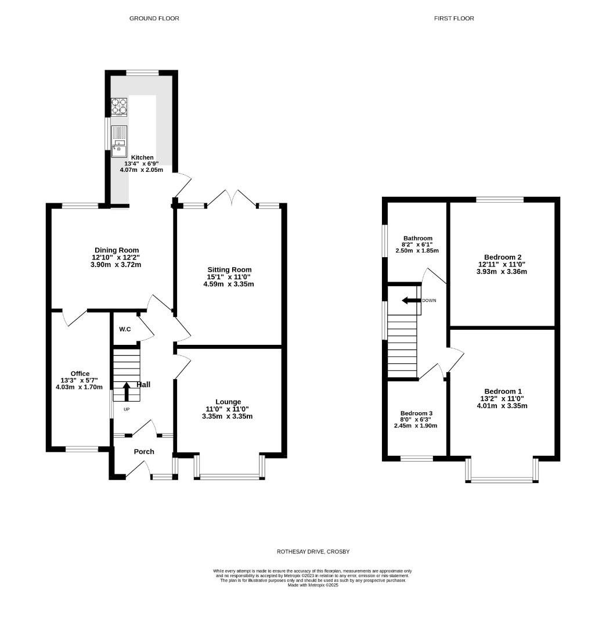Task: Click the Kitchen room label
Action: coord(142,157)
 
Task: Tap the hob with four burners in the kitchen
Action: coord(120,107)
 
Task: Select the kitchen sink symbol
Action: coord(120,141)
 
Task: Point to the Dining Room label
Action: coord(117,250)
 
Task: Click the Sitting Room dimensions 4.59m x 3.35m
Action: coord(229,284)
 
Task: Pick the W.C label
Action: coord(125,329)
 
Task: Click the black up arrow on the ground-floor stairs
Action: coord(127,391)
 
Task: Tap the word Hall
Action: coord(143,384)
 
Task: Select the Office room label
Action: coord(80,373)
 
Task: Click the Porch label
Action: coord(144,452)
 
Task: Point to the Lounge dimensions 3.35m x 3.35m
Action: coord(227,416)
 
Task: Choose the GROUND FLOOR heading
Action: coord(154,19)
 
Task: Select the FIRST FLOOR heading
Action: coord(454,19)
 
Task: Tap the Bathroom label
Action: coord(418,238)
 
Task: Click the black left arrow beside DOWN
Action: coord(411,301)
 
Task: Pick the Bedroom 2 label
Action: coord(503,257)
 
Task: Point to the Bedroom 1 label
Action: coord(503,391)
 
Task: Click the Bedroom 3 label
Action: coord(416,413)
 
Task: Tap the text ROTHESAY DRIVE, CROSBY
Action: coord(313,552)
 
